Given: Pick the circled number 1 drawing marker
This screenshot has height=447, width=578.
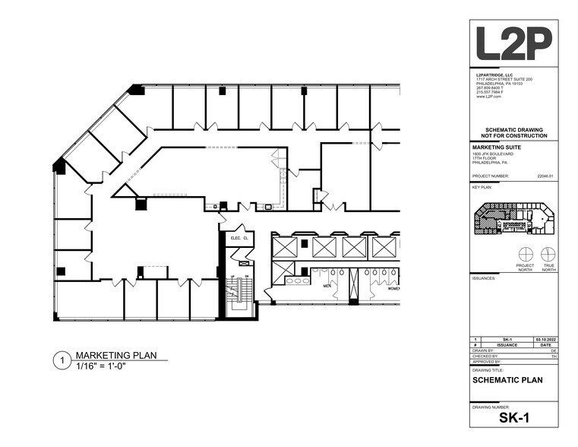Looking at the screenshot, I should pos(61,361).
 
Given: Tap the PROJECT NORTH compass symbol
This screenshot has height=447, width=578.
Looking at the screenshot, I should pos(525,254).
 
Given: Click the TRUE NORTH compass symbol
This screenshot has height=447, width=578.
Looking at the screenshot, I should pos(548,254).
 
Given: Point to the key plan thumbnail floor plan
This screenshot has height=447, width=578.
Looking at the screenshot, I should pos(513,220).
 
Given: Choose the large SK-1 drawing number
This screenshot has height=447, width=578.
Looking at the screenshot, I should pos(513,418).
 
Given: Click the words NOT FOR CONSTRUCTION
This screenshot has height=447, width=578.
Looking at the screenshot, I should pos(513,135).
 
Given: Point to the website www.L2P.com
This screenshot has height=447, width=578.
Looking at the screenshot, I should pos(486,97).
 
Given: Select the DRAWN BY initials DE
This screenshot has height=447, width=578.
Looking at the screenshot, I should pos(554,350).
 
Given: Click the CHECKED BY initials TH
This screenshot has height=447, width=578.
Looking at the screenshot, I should pos(554,356).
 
